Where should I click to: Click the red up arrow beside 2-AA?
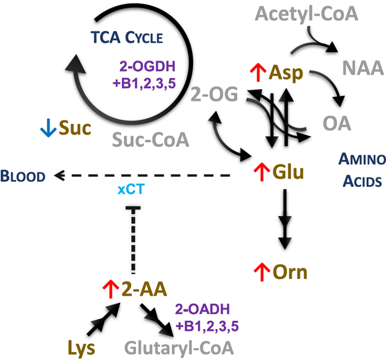point(109,288)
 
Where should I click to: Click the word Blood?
point(23,176)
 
